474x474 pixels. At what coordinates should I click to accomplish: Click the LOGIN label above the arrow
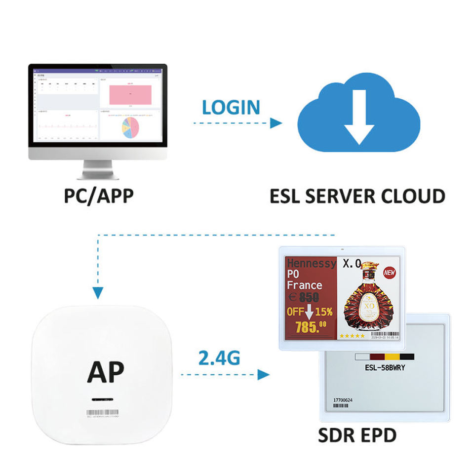tap(231, 107)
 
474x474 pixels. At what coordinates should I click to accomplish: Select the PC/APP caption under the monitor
tap(99, 196)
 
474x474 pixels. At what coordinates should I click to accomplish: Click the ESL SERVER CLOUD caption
tap(357, 196)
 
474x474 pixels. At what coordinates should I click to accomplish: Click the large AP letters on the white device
tap(106, 372)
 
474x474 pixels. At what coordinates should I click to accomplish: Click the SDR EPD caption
tap(357, 436)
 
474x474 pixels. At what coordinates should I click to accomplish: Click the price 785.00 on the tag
tap(311, 326)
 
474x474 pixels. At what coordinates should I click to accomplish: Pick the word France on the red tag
tap(305, 285)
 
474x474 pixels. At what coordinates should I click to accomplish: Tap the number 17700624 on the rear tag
tap(343, 399)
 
